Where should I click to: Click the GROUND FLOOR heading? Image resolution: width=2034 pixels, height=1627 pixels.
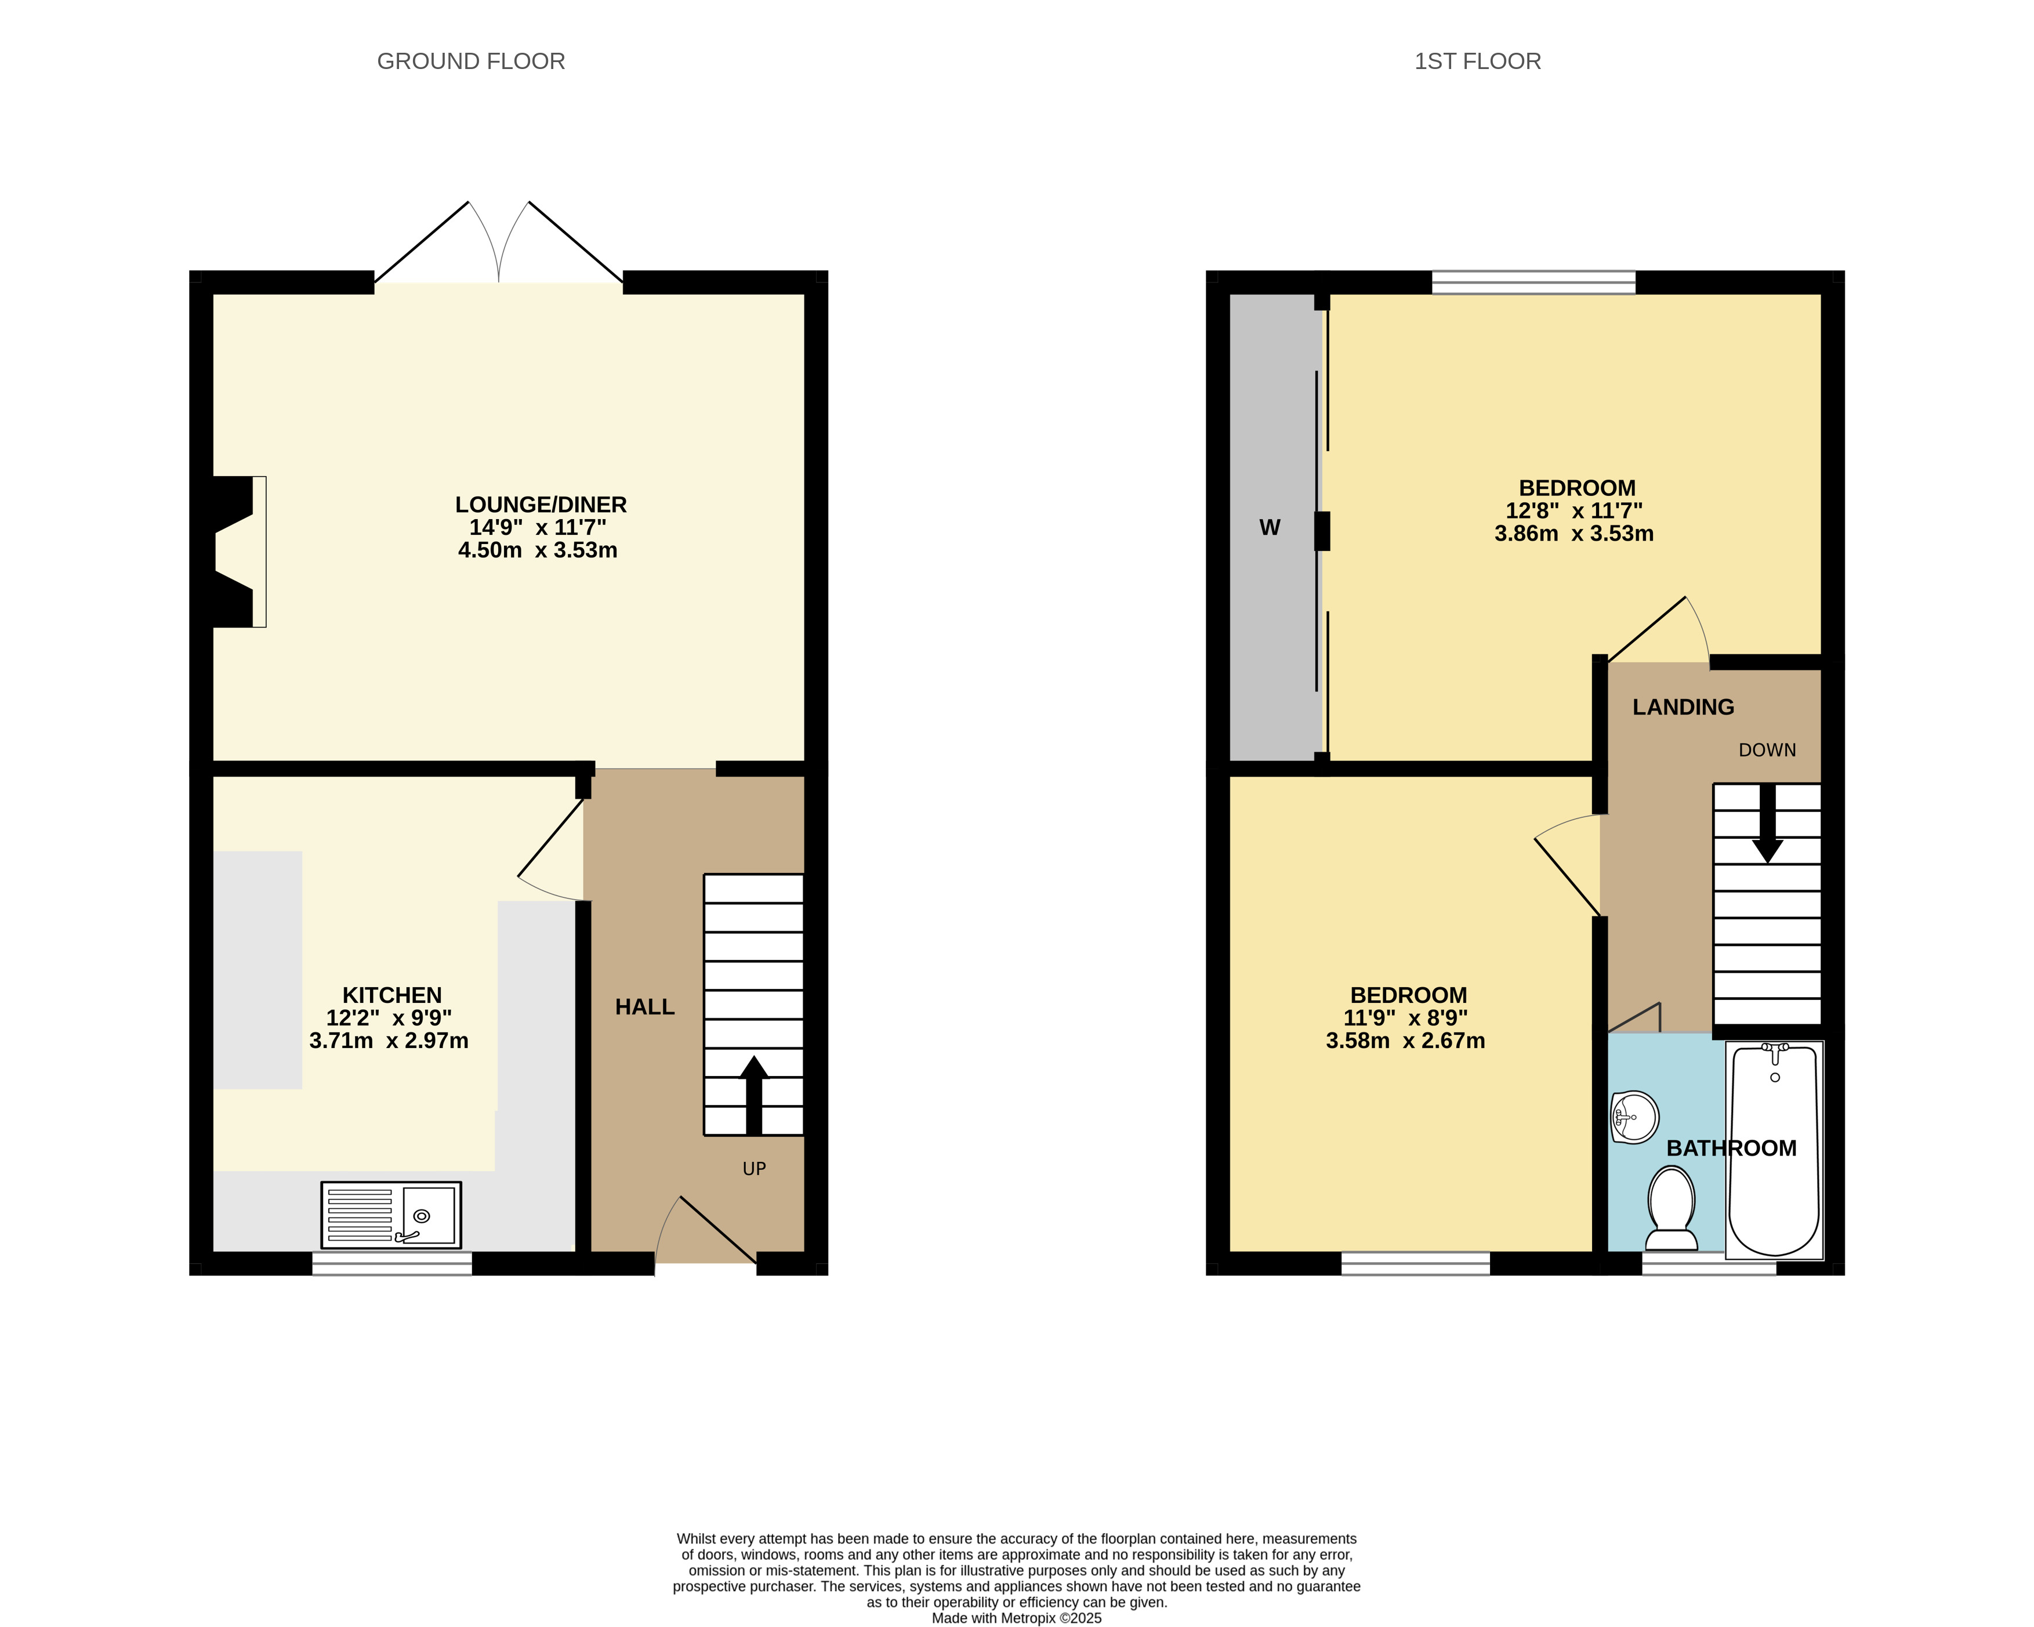471,61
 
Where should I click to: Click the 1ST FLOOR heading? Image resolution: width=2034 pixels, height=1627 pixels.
1477,61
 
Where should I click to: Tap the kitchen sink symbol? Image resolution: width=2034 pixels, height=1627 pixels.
390,1215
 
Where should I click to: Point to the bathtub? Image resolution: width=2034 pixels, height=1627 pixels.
1775,1150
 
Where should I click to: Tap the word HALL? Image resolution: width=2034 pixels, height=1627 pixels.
646,1007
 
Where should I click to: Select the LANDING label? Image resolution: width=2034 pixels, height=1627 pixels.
1683,707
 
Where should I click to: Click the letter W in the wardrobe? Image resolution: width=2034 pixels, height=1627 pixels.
1270,528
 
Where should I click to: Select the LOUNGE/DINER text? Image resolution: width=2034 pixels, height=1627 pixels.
541,505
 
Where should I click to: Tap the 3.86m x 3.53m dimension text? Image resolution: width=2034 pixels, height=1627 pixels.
1573,533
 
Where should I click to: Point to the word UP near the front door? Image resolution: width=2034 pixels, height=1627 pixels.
754,1168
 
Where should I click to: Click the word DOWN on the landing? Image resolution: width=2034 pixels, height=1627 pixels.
1767,750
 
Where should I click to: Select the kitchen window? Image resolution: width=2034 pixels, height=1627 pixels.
391,1264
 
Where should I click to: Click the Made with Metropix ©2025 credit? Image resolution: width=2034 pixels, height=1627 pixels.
1016,1618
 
